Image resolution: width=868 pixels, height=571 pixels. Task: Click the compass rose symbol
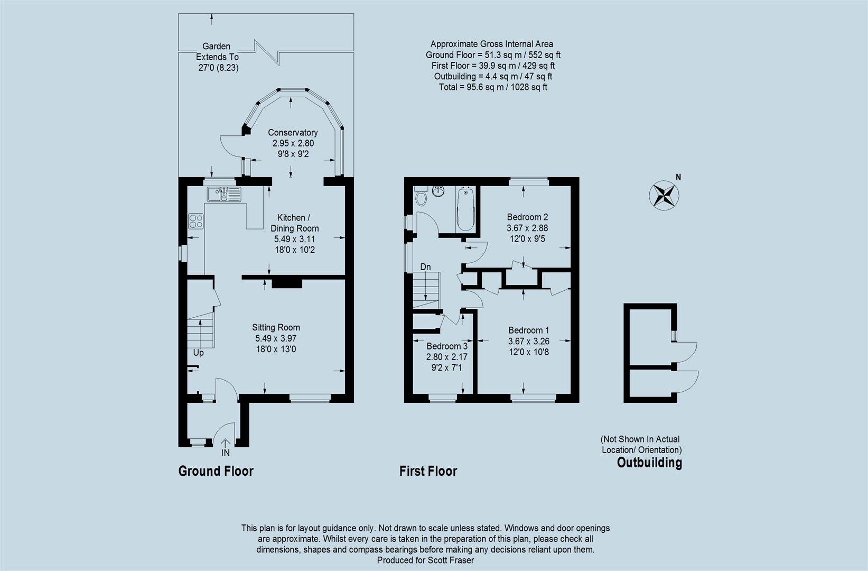pyautogui.click(x=664, y=195)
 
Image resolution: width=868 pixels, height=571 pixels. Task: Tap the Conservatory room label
pyautogui.click(x=293, y=133)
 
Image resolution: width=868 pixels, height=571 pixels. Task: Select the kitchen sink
pyautogui.click(x=223, y=194)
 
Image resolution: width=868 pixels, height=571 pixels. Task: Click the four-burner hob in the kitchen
pyautogui.click(x=195, y=221)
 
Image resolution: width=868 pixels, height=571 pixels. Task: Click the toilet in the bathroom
pyautogui.click(x=421, y=197)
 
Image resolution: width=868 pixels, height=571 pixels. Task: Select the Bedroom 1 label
pyautogui.click(x=528, y=330)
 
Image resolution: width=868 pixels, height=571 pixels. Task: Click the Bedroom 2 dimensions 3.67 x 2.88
pyautogui.click(x=527, y=228)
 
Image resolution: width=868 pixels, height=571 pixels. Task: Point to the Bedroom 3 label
pyautogui.click(x=447, y=346)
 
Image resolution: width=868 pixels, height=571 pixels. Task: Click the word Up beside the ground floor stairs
pyautogui.click(x=199, y=353)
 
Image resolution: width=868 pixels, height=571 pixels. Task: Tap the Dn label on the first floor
pyautogui.click(x=425, y=267)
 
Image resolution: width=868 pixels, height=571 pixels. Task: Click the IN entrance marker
pyautogui.click(x=226, y=453)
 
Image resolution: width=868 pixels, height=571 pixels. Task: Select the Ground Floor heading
pyautogui.click(x=216, y=471)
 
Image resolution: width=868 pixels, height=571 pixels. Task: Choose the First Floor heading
pyautogui.click(x=428, y=471)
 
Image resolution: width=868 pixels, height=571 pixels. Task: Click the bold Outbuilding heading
pyautogui.click(x=649, y=463)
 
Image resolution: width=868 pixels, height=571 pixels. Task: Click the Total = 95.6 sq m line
pyautogui.click(x=493, y=87)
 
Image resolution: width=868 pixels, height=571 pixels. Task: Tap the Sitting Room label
pyautogui.click(x=276, y=327)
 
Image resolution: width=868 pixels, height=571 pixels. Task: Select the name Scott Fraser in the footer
pyautogui.click(x=451, y=560)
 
